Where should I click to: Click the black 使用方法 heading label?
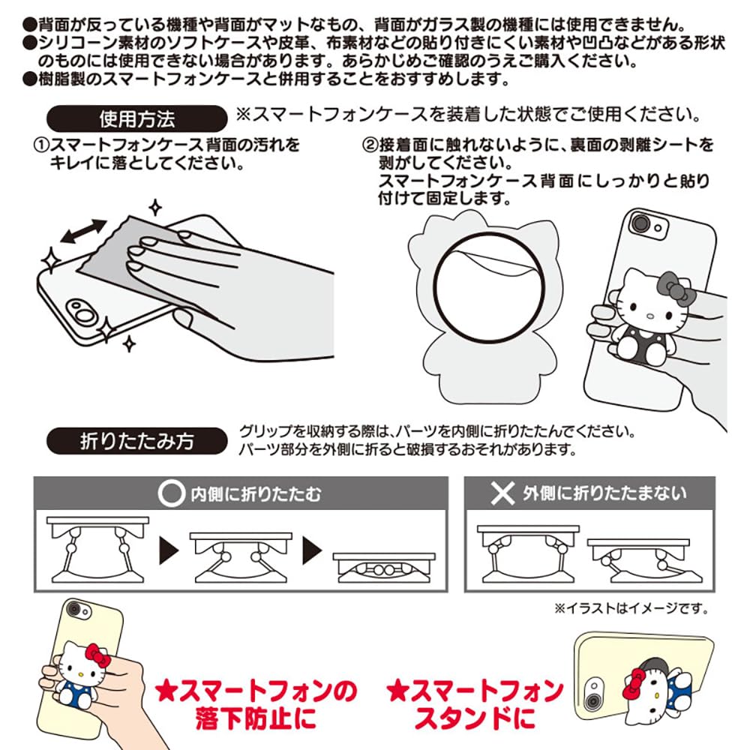(136, 118)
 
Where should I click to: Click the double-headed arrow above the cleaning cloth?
(84, 231)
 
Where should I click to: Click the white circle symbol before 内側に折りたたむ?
(172, 493)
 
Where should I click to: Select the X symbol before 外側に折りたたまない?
(500, 493)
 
